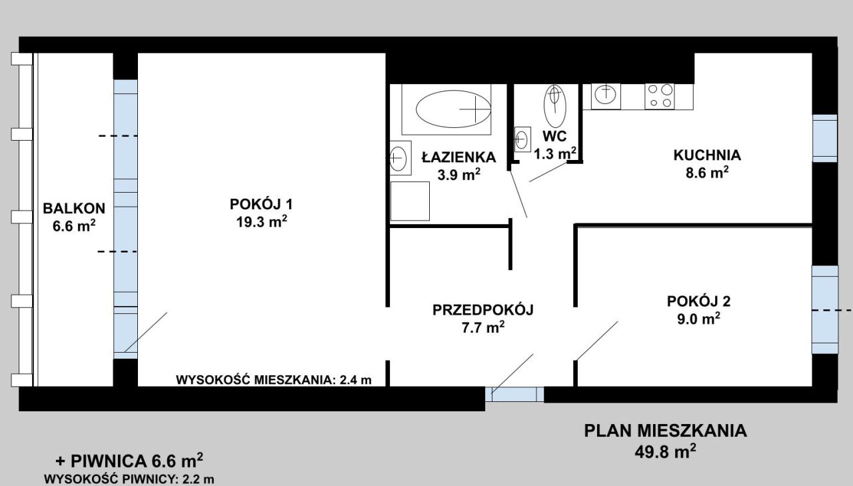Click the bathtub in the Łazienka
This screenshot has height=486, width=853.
coord(446,109)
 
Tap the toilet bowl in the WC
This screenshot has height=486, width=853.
coord(555,106)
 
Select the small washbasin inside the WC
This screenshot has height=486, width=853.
coord(522,139)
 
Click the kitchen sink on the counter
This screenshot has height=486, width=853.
coord(606,97)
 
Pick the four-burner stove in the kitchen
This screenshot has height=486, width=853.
coord(660,97)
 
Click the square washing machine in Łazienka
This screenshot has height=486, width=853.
coord(410,201)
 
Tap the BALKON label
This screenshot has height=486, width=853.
coord(74,209)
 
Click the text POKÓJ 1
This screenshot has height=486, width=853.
coord(261,204)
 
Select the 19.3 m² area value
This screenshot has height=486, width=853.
coord(262,221)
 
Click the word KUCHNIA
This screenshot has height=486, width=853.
coord(707,155)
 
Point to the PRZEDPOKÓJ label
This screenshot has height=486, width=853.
coord(483,310)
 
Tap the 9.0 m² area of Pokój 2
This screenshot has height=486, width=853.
coord(698,319)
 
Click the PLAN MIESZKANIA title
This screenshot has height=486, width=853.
coord(665,431)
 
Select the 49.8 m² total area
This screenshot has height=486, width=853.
coord(665,452)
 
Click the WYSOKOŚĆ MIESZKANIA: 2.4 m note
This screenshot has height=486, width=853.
coord(273,380)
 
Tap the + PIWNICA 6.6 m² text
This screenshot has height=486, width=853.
coord(129,461)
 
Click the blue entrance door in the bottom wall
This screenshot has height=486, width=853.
coord(514,395)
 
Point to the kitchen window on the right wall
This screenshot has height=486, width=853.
coord(825,138)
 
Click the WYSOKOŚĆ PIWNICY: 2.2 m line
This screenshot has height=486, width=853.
coord(129,479)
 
